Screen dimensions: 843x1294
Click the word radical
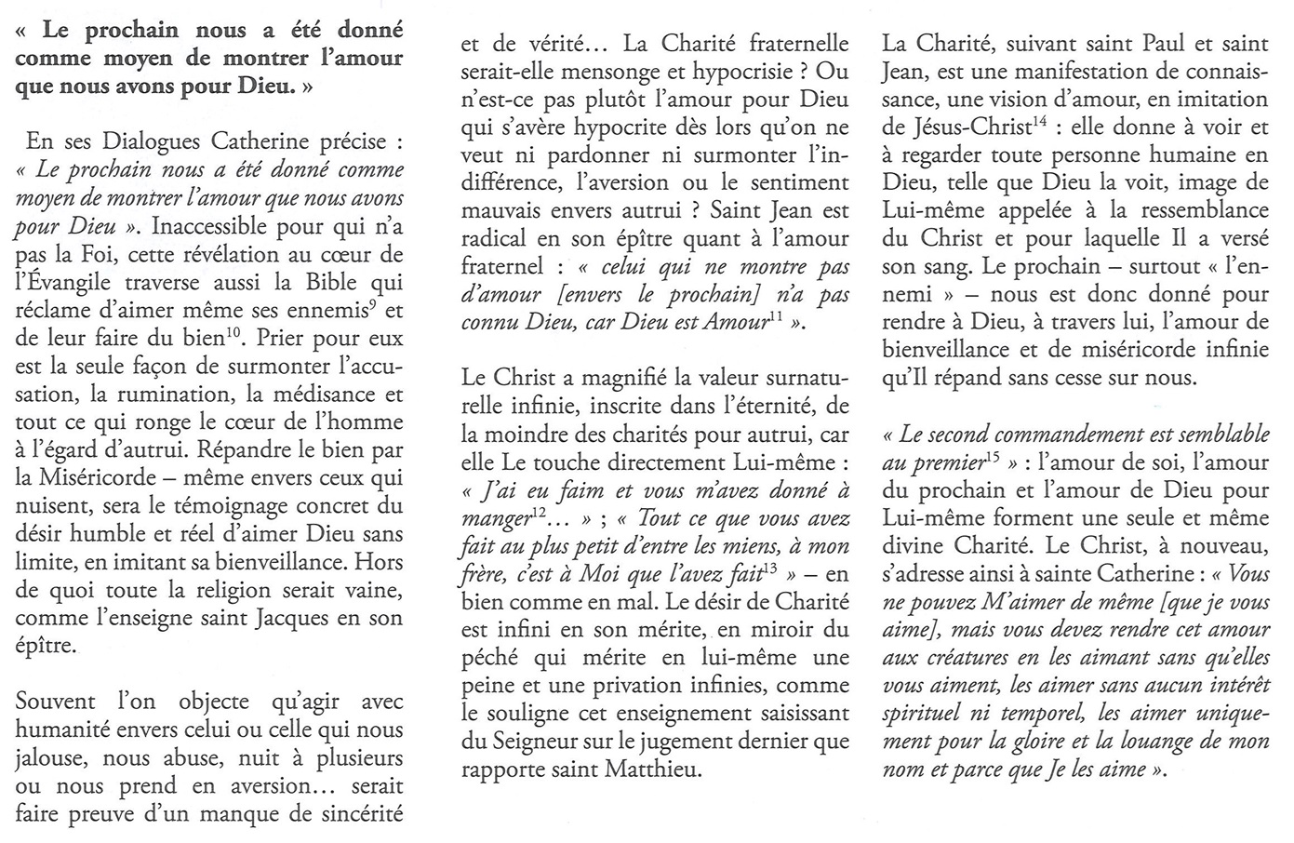[499, 239]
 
